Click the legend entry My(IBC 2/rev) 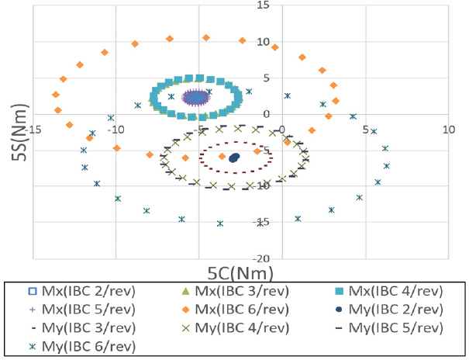coord(388,309)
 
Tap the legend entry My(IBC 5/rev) coord(388,327)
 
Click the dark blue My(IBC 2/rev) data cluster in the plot coord(234,157)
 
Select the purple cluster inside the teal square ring coord(199,97)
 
